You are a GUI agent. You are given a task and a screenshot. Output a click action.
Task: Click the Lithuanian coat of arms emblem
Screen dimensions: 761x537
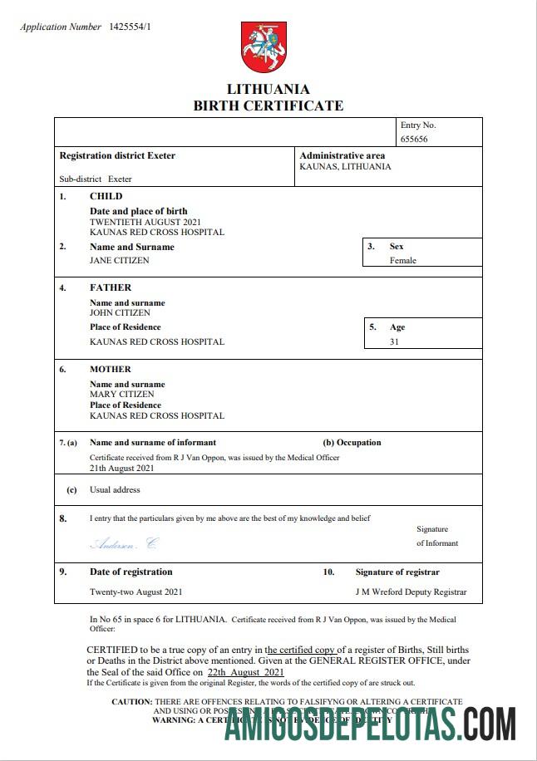pyautogui.click(x=264, y=47)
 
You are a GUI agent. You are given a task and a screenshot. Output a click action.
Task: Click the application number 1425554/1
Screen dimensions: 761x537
pyautogui.click(x=130, y=27)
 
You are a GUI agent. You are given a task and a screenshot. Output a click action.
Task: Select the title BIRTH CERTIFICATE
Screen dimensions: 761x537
pyautogui.click(x=268, y=106)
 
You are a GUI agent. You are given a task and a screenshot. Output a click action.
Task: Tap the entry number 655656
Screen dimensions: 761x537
pyautogui.click(x=414, y=139)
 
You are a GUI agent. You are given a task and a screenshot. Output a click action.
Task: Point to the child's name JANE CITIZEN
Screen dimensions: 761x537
pyautogui.click(x=120, y=260)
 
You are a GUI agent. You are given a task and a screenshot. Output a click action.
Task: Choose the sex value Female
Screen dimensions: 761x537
pyautogui.click(x=403, y=260)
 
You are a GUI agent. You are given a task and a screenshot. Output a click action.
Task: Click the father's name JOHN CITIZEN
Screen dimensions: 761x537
pyautogui.click(x=120, y=313)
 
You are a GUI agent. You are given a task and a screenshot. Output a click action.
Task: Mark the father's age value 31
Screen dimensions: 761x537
pyautogui.click(x=394, y=341)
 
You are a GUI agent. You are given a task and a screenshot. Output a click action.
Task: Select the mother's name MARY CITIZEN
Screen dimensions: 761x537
pyautogui.click(x=121, y=395)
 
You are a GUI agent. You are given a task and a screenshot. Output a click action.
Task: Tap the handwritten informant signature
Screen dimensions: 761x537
pyautogui.click(x=123, y=544)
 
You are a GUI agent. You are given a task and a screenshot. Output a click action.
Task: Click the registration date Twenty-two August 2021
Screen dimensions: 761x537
pyautogui.click(x=135, y=592)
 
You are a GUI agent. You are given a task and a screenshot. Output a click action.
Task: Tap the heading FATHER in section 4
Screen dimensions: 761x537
pyautogui.click(x=111, y=287)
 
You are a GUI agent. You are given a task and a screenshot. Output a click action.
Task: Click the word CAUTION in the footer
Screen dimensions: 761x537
pyautogui.click(x=131, y=702)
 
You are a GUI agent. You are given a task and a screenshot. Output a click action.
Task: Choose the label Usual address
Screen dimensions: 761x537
pyautogui.click(x=115, y=490)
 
